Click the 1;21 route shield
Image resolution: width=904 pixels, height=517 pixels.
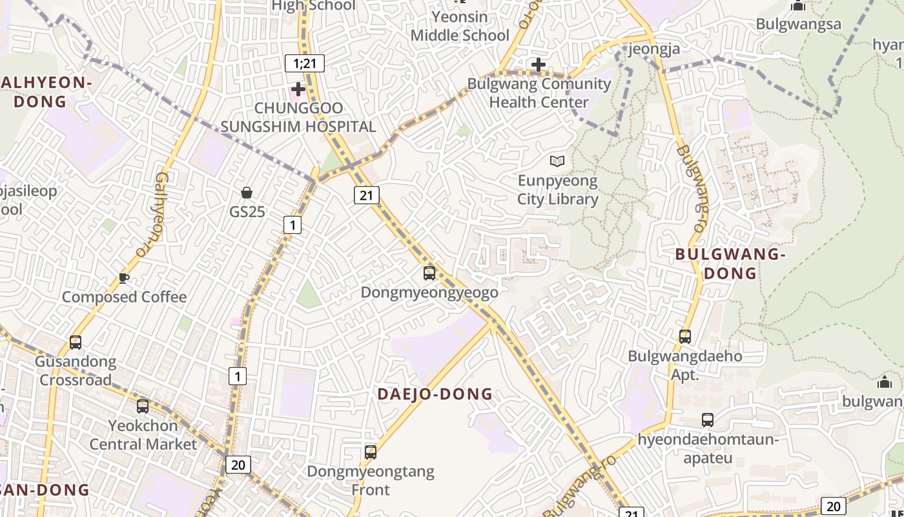pyautogui.click(x=304, y=63)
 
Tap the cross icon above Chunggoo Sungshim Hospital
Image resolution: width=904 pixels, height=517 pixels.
pyautogui.click(x=298, y=89)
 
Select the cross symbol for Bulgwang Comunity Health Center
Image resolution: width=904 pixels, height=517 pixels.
pyautogui.click(x=538, y=65)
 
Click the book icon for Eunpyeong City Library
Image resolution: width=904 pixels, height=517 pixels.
pyautogui.click(x=557, y=161)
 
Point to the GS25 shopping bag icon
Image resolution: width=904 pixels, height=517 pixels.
pyautogui.click(x=246, y=193)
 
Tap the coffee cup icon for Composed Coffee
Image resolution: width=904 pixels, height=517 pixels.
pyautogui.click(x=124, y=279)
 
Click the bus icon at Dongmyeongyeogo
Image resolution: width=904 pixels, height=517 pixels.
pyautogui.click(x=429, y=273)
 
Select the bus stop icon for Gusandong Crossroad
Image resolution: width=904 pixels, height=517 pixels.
pyautogui.click(x=76, y=342)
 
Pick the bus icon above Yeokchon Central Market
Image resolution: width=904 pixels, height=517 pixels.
pyautogui.click(x=143, y=406)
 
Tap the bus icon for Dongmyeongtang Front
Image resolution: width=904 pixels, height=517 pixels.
pyautogui.click(x=371, y=452)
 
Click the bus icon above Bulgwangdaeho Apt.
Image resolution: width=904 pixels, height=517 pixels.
pyautogui.click(x=685, y=336)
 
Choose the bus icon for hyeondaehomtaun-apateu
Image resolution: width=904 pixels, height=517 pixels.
pyautogui.click(x=708, y=420)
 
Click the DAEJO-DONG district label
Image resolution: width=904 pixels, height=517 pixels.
pyautogui.click(x=435, y=394)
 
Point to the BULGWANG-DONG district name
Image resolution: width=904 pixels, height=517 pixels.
pyautogui.click(x=730, y=264)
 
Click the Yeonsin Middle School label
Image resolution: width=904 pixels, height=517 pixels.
pyautogui.click(x=460, y=26)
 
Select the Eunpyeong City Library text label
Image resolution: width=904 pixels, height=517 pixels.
pyautogui.click(x=558, y=190)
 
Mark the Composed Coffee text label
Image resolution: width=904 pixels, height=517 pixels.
pyautogui.click(x=124, y=297)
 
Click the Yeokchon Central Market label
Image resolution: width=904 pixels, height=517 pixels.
pyautogui.click(x=143, y=435)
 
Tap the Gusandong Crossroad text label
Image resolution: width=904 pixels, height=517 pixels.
pyautogui.click(x=76, y=370)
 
